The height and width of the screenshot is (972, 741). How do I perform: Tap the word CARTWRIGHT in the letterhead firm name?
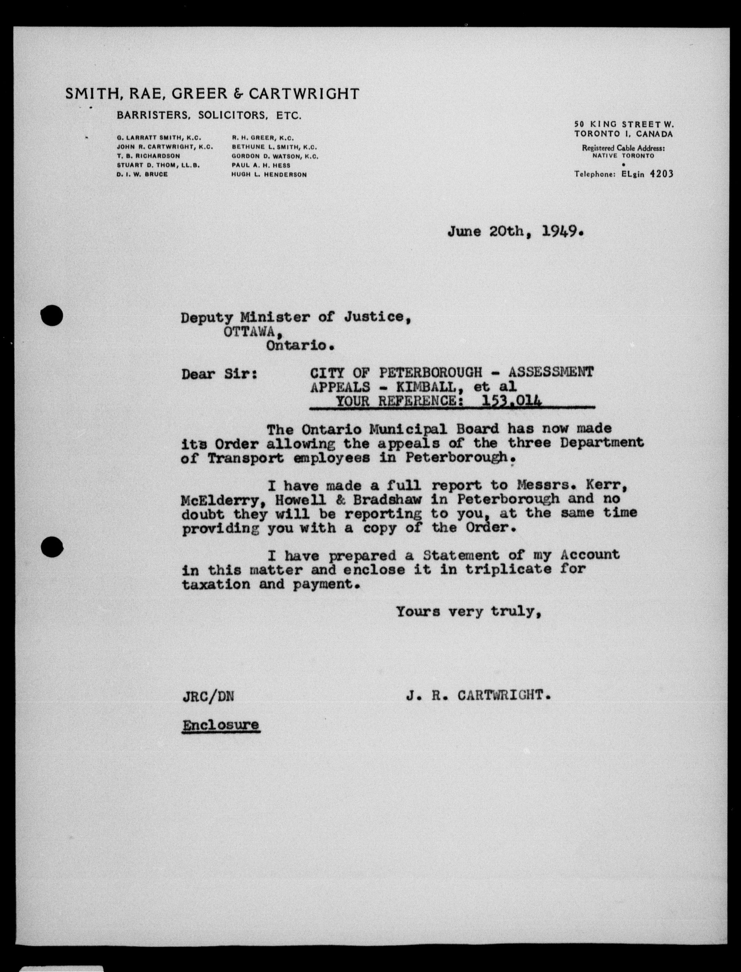304,94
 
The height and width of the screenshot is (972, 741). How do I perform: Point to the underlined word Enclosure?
221,725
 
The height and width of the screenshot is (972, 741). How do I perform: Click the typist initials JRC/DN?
208,696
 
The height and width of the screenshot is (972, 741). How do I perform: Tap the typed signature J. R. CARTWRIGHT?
479,696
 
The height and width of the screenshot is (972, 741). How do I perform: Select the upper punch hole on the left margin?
52,315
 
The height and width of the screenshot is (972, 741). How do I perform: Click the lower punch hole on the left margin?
52,548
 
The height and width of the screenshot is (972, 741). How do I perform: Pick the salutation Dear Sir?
219,374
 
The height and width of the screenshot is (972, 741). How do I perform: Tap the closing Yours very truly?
469,611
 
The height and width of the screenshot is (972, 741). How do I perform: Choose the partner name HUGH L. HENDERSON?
269,175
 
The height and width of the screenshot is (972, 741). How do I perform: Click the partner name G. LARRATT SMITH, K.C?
159,138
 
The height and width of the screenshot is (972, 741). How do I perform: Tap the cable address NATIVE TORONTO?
623,156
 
